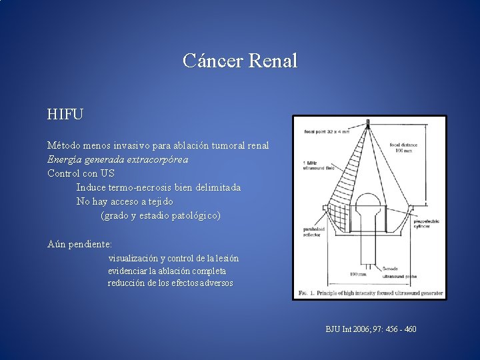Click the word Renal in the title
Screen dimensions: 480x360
272,61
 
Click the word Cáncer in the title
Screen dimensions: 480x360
213,61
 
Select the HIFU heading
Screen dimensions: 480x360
65,115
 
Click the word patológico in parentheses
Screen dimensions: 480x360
189,215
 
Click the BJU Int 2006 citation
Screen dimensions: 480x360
371,329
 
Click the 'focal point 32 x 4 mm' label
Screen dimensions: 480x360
327,131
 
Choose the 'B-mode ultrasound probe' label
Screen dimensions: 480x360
399,271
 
